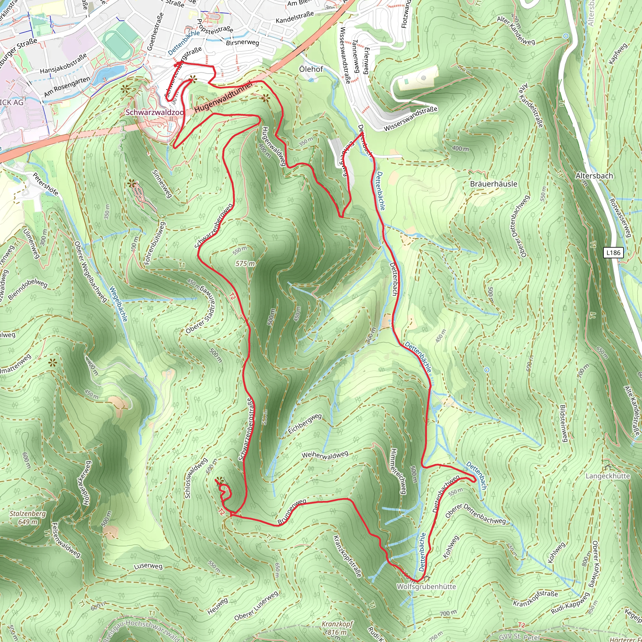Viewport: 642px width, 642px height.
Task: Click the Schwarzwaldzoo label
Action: pos(154,112)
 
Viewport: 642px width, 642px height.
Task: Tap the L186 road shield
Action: pos(613,253)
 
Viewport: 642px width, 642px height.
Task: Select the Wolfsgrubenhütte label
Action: pos(426,587)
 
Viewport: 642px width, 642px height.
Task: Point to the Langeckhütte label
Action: pos(608,476)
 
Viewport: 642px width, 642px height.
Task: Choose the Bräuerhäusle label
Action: pos(493,184)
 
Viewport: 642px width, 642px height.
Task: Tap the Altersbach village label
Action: pos(594,176)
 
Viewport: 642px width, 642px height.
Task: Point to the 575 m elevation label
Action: pos(245,264)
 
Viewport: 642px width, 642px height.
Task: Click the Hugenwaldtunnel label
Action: pos(224,97)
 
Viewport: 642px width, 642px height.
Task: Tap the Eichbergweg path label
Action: pos(305,424)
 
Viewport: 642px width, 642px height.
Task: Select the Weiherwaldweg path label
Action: pos(325,455)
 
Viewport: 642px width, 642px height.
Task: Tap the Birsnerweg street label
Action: pos(242,43)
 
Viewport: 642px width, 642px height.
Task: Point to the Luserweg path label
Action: pos(148,566)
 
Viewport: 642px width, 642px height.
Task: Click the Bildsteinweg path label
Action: pos(563,423)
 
